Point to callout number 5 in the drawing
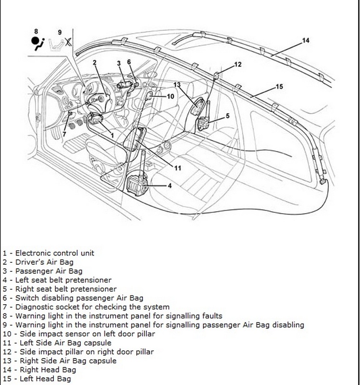click(x=228, y=116)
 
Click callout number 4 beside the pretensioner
click(x=170, y=185)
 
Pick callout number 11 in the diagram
click(x=178, y=168)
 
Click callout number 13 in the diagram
click(x=177, y=85)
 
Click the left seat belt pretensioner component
click(x=134, y=183)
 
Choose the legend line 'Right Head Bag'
click(x=41, y=370)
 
